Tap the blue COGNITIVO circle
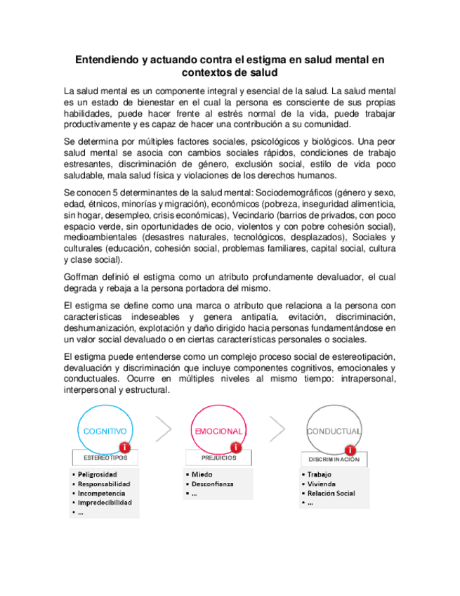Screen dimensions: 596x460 [105, 430]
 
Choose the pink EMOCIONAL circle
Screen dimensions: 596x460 [218, 430]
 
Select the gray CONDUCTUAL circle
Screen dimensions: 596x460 [334, 430]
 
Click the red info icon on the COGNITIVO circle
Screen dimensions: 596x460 [124, 446]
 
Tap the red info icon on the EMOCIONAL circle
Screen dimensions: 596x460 [236, 446]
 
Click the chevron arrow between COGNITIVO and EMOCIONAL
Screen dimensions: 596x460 [163, 429]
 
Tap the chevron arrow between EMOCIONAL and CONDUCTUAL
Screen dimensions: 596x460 [277, 429]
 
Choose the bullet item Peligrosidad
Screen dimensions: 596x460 [98, 474]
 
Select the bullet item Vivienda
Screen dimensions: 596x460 [322, 484]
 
